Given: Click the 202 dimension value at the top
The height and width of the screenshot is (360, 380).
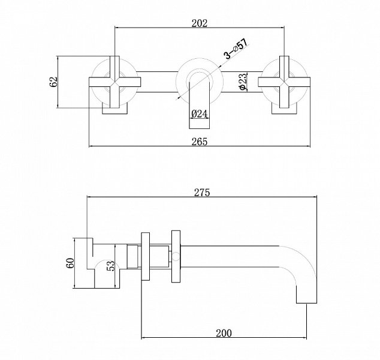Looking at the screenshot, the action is (x=200, y=23).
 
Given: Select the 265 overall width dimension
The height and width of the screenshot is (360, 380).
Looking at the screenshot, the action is (x=200, y=142).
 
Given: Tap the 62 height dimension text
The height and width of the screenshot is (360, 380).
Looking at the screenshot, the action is (x=53, y=82).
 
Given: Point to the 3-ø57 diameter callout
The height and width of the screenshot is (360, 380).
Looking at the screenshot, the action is (x=237, y=49).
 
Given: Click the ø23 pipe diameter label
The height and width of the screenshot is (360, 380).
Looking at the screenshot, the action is (x=243, y=82).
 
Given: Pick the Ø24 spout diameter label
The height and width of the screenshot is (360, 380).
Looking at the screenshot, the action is (x=200, y=114).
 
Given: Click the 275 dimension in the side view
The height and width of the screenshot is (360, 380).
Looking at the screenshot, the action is (x=202, y=193).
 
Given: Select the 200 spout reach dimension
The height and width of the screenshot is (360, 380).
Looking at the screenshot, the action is (x=224, y=333).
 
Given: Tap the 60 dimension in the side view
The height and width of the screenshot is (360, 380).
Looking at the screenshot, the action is (x=70, y=263).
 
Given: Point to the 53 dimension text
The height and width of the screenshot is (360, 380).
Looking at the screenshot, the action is (x=110, y=266).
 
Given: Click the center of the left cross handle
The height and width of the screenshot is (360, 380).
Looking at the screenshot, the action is (x=114, y=82).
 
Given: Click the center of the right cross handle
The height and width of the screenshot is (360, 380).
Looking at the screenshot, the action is (x=284, y=82).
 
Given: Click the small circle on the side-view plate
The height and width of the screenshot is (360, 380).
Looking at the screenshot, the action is (x=176, y=257).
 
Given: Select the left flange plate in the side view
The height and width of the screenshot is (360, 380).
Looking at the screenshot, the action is (x=146, y=257).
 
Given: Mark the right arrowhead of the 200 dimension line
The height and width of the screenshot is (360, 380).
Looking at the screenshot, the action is (x=304, y=337).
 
